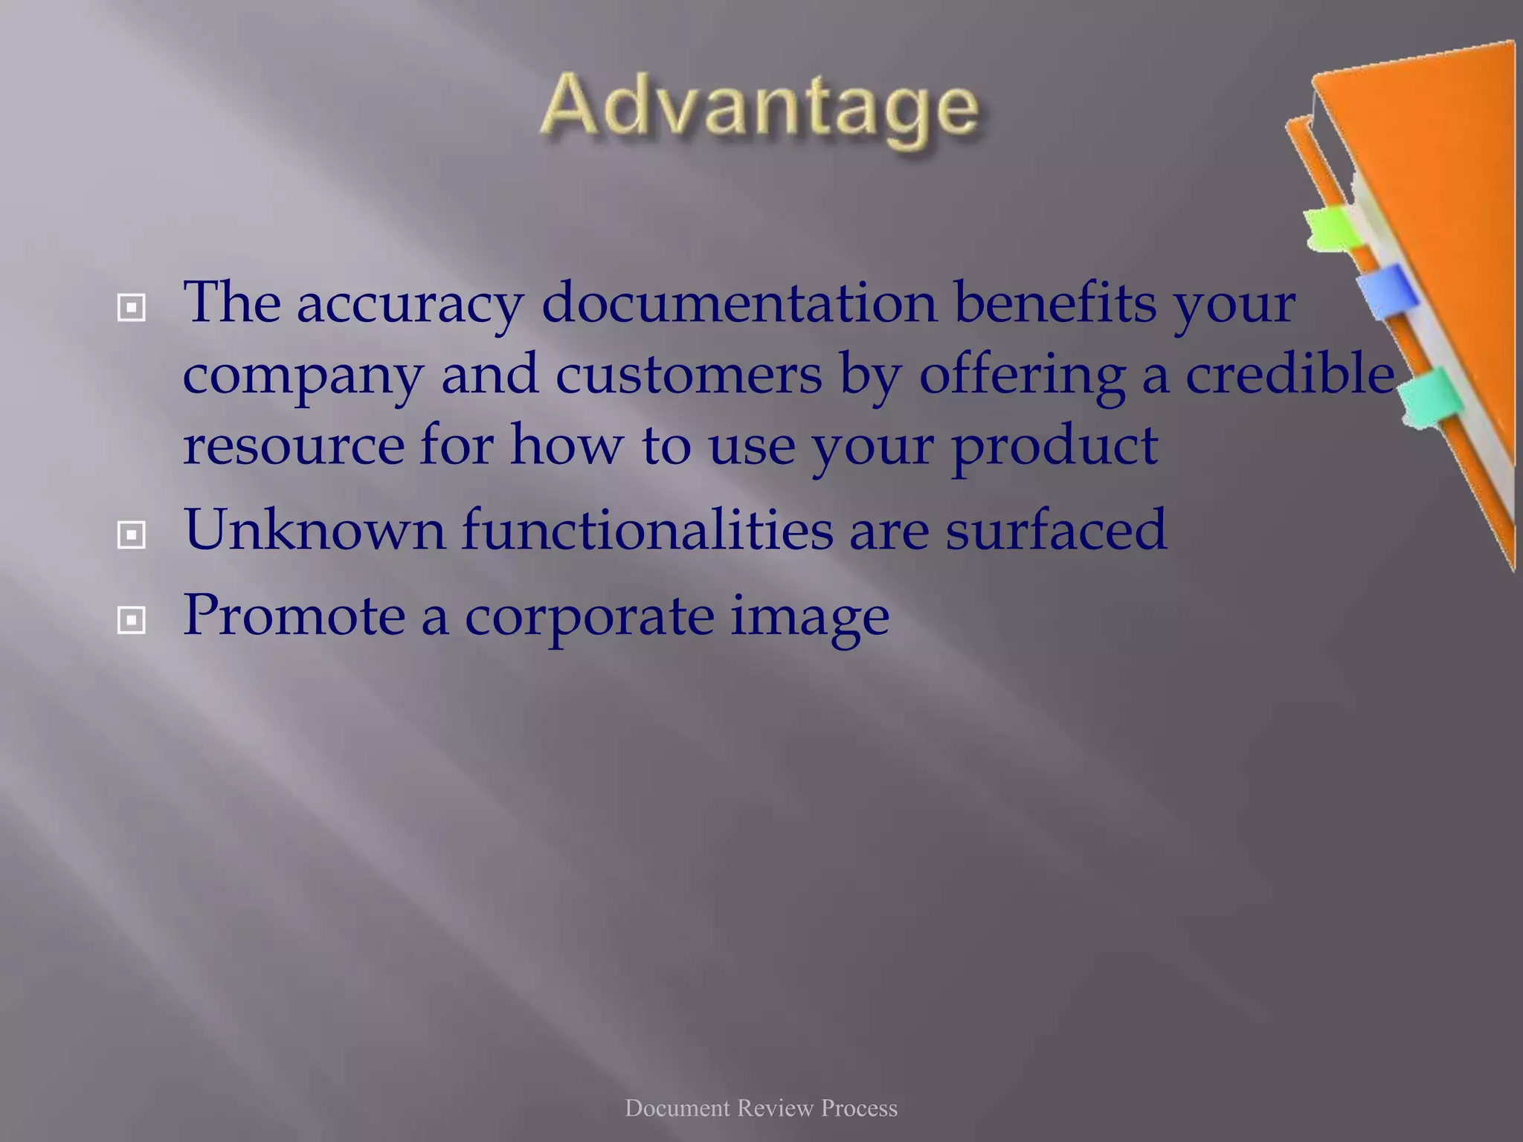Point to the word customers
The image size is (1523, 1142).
(x=689, y=374)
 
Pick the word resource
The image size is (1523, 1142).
(x=293, y=445)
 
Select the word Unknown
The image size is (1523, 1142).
(x=314, y=529)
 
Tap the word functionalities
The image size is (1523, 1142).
(x=647, y=529)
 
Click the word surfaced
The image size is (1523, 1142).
(x=1056, y=529)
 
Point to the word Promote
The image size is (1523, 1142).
(x=293, y=616)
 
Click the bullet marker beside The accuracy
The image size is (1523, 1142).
(x=132, y=307)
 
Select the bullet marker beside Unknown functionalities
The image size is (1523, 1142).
(x=132, y=534)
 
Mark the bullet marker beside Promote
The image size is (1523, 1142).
(x=132, y=620)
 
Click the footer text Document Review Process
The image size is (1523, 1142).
(x=761, y=1109)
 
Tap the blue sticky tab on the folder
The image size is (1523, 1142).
(x=1385, y=291)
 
